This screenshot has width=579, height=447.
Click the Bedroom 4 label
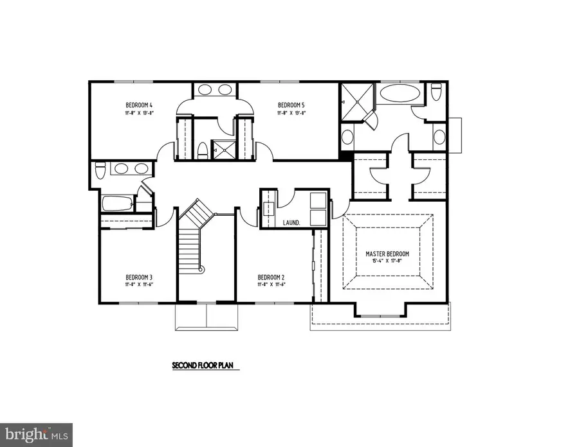[138, 105]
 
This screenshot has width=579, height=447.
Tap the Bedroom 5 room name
[291, 105]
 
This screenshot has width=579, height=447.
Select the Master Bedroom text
[388, 254]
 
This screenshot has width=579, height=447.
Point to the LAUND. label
[291, 222]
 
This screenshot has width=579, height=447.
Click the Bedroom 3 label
[139, 277]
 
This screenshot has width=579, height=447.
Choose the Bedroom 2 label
[271, 277]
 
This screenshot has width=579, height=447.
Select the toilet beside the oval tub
[436, 94]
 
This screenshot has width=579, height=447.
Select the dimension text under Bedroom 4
[138, 112]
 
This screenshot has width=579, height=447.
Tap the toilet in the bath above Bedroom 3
[100, 171]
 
